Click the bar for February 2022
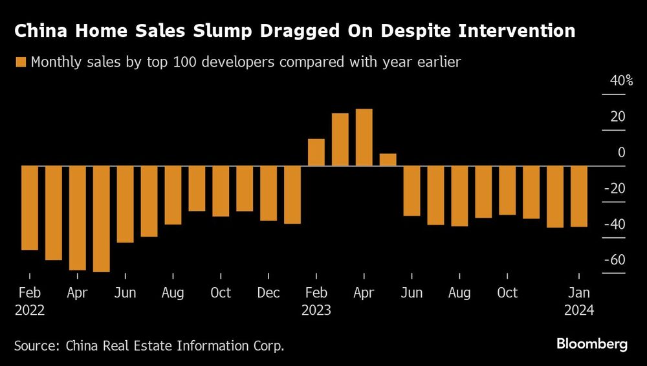30,208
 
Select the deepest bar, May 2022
101,219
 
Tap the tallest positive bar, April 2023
364,137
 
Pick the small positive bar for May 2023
388,160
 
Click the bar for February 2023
316,153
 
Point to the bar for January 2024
579,197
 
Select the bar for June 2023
412,191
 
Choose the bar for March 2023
340,140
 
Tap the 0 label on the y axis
622,153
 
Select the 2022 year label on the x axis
30,310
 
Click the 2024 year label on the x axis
579,310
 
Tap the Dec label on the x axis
269,293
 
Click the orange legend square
20,63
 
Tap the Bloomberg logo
592,344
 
